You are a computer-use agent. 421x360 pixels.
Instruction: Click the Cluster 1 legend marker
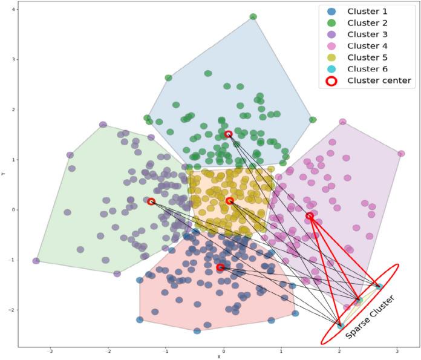(331, 11)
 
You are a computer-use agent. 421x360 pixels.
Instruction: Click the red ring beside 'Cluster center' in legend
(331, 80)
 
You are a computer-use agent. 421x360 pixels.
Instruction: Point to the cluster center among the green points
(229, 134)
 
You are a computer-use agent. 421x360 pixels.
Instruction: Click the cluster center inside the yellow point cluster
(230, 201)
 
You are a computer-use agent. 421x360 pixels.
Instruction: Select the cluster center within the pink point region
(310, 216)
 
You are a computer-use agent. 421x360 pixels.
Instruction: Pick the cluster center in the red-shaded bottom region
(220, 267)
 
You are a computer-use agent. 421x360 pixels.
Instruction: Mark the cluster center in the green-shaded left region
(151, 201)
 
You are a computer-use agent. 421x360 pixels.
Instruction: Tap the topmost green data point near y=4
(253, 16)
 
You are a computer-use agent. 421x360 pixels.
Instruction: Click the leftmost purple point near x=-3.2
(36, 261)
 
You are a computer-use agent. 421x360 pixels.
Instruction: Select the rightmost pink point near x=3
(401, 154)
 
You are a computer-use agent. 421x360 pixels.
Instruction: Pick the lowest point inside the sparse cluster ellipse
(341, 326)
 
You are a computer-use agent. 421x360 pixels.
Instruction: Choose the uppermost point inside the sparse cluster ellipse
(379, 286)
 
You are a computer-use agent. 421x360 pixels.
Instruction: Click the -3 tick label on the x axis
(50, 350)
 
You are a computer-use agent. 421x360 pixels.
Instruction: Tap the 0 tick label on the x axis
(224, 350)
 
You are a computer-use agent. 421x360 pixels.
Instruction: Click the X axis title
(219, 357)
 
